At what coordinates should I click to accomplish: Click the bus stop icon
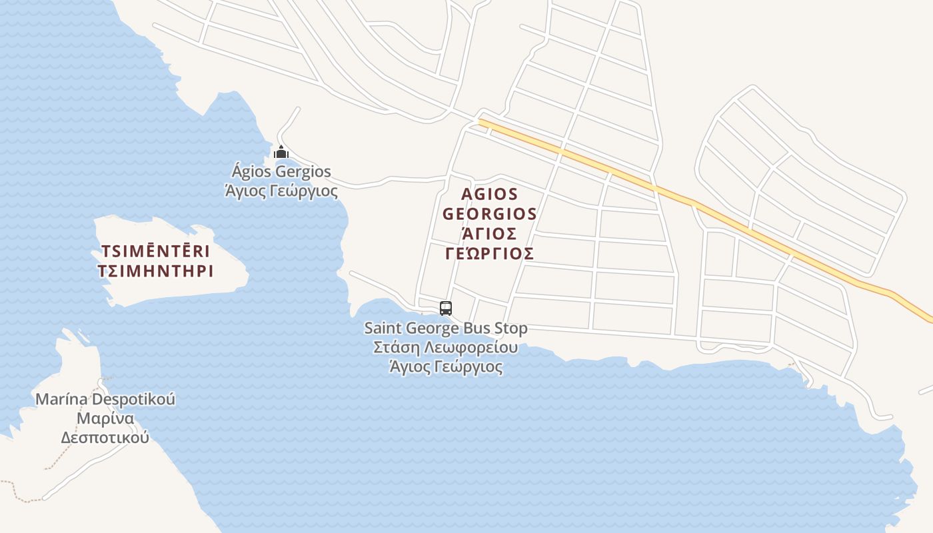(446, 308)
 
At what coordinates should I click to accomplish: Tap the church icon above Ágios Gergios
(281, 152)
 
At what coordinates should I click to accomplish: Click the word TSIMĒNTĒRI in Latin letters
(155, 251)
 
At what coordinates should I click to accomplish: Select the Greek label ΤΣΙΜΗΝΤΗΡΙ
(155, 271)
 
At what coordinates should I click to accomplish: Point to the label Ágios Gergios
(281, 172)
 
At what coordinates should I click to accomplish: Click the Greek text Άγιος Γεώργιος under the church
(281, 192)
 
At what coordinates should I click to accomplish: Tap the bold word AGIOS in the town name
(489, 194)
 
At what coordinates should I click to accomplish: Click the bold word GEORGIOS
(489, 214)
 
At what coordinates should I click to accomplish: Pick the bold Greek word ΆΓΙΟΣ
(489, 234)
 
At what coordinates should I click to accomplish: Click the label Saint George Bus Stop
(445, 328)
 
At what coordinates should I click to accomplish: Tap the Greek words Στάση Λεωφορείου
(445, 348)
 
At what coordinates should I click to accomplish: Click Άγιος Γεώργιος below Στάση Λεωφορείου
(445, 367)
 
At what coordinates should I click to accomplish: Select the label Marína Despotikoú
(105, 400)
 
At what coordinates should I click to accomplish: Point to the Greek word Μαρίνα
(105, 419)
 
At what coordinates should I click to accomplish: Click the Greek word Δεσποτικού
(105, 438)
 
